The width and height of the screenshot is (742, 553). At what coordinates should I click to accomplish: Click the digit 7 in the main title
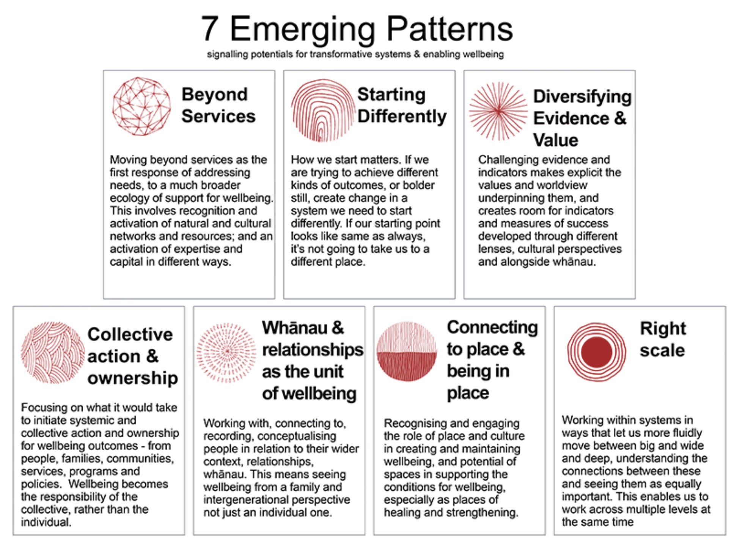click(210, 29)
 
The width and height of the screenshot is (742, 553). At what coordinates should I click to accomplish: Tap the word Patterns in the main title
click(450, 29)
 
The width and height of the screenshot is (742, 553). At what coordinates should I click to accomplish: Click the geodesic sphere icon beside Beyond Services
click(141, 106)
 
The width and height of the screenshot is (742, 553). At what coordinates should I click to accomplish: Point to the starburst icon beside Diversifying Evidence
click(498, 111)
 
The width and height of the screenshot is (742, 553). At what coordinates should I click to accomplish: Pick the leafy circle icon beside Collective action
click(52, 353)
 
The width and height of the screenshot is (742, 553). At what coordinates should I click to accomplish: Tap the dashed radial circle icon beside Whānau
click(226, 353)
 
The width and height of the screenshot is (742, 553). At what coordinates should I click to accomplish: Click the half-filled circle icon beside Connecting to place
click(407, 351)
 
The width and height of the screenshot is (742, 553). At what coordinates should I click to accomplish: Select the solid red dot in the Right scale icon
click(596, 352)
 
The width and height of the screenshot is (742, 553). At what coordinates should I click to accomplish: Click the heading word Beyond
click(214, 95)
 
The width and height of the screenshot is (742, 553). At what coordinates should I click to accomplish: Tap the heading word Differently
click(402, 117)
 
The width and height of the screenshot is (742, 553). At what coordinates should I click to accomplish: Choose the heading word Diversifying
click(582, 97)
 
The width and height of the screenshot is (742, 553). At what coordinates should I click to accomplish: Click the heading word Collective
click(130, 334)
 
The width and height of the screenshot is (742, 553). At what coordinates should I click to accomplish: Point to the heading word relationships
click(313, 350)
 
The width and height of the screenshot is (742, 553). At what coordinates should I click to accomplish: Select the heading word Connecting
click(492, 327)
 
